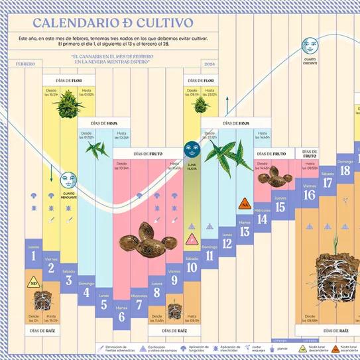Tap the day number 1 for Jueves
[33, 255]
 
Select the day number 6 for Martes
[122, 316]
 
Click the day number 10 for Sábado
[192, 267]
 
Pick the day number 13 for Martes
[245, 231]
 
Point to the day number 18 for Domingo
[345, 170]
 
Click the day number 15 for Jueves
[280, 207]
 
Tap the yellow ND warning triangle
[33, 284]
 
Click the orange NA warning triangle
[244, 204]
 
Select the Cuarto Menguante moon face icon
[68, 179]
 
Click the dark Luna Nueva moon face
[192, 147]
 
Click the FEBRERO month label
[26, 64]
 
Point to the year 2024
[210, 64]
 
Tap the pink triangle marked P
[192, 238]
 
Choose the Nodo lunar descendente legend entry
[305, 348]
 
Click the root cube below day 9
[175, 310]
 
